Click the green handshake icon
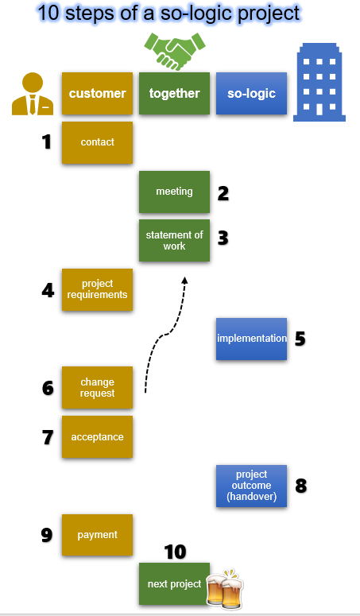(175, 51)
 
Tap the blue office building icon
(319, 82)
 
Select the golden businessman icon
(33, 94)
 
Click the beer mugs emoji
(225, 587)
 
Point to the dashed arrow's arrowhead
(184, 280)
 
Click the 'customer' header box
(98, 94)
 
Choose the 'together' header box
(174, 94)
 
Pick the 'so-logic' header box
(251, 94)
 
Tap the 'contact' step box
(98, 142)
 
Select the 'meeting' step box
(174, 192)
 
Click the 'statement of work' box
(174, 240)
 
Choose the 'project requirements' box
(98, 289)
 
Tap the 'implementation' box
(251, 339)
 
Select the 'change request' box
(98, 387)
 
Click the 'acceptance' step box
(98, 437)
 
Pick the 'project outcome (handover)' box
(251, 486)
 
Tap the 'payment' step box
(98, 535)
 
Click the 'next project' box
(174, 583)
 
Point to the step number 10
(175, 552)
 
